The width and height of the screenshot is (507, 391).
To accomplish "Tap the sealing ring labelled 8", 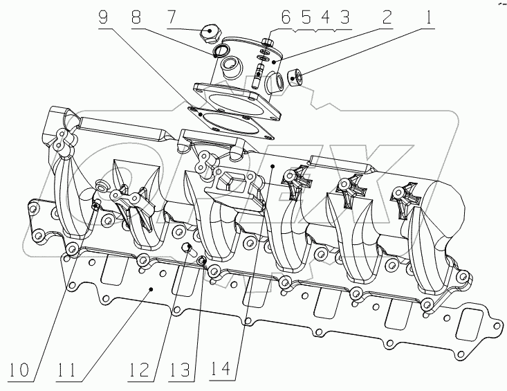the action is pyautogui.click(x=220, y=52).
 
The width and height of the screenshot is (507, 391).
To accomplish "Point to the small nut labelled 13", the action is pyautogui.click(x=201, y=261).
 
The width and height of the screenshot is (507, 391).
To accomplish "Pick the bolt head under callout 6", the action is pyautogui.click(x=267, y=39).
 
